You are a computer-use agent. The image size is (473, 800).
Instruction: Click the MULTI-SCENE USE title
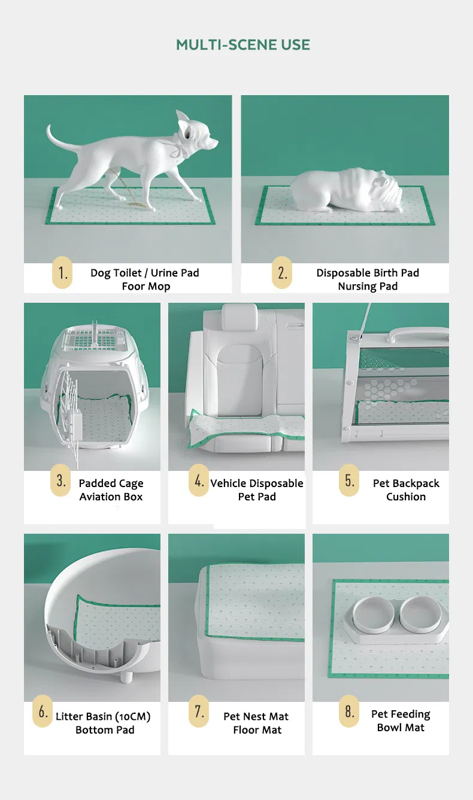[243, 45]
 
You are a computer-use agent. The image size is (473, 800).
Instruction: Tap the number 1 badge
[62, 272]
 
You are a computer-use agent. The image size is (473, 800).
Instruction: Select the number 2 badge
[282, 272]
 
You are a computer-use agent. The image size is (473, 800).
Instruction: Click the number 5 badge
[349, 480]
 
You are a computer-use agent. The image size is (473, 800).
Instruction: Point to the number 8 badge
[349, 711]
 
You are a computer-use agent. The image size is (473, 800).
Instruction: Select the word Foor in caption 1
[133, 286]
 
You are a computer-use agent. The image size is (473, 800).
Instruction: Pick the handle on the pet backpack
[419, 334]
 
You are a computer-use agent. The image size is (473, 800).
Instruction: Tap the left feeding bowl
[374, 615]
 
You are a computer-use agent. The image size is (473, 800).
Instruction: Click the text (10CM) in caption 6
[132, 716]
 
